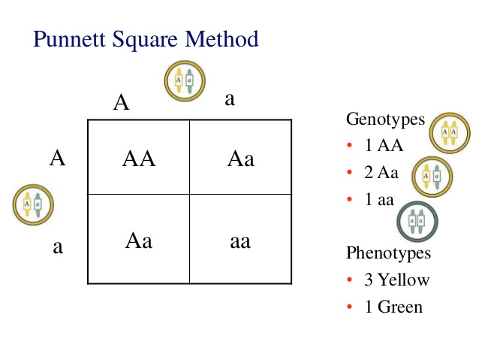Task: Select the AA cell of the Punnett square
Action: tap(138, 159)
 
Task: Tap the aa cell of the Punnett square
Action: tap(240, 242)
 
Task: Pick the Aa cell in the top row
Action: tap(240, 159)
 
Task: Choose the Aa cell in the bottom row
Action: tap(138, 241)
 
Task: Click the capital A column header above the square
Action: tap(122, 103)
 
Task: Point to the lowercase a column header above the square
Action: tap(230, 99)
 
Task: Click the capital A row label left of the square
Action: tap(57, 158)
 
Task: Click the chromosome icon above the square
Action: tap(182, 80)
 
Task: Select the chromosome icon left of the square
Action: tap(32, 204)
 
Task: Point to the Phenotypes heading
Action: tap(388, 253)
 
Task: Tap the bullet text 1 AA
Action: tap(382, 147)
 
